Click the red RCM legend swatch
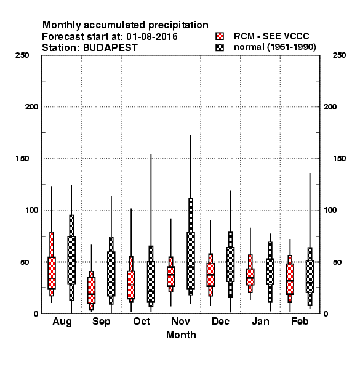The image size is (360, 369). click(x=220, y=36)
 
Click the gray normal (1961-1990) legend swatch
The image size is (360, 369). click(x=220, y=47)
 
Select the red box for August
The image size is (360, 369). click(x=52, y=273)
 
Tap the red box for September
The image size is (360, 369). click(x=91, y=290)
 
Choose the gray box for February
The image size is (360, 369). click(x=310, y=277)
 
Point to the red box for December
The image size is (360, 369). click(x=210, y=275)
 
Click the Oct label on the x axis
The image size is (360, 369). click(x=142, y=321)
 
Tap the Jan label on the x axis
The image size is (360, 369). click(x=260, y=321)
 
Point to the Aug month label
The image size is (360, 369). click(x=62, y=322)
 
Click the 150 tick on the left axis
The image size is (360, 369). click(x=22, y=159)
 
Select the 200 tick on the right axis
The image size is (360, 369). click(x=330, y=107)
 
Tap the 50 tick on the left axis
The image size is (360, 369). click(x=25, y=262)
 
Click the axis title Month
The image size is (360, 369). click(x=181, y=335)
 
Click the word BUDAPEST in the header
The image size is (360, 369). click(x=110, y=48)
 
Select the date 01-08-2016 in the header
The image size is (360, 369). click(x=152, y=37)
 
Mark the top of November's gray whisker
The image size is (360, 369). click(x=191, y=135)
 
